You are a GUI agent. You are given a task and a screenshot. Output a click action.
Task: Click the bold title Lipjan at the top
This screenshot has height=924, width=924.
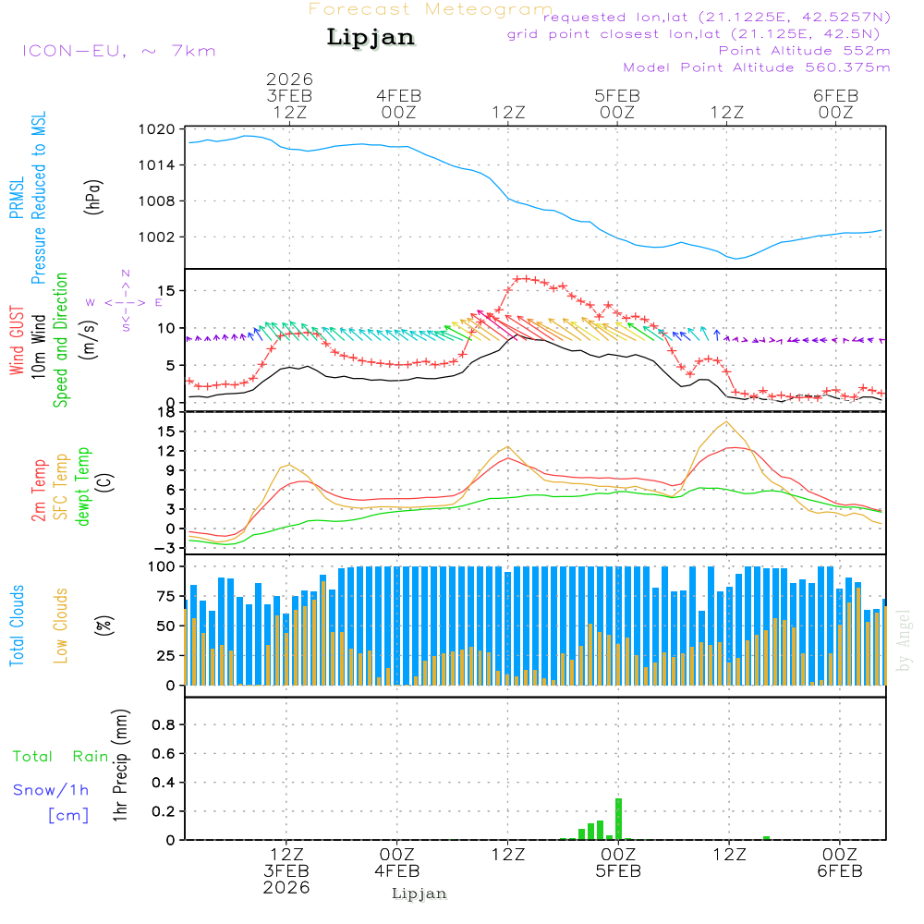[371, 38]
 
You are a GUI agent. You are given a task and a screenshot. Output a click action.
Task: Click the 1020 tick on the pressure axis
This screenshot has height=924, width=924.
[162, 129]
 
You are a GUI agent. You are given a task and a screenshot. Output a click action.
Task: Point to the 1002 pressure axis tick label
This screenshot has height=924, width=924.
[162, 237]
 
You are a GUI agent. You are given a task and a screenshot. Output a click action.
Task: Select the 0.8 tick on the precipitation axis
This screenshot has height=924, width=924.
[164, 725]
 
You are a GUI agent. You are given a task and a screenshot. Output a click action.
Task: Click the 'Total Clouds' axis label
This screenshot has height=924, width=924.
[17, 626]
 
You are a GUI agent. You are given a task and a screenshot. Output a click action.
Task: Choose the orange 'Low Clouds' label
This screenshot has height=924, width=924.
[61, 626]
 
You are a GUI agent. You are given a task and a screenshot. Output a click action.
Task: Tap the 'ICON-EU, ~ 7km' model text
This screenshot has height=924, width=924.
[118, 51]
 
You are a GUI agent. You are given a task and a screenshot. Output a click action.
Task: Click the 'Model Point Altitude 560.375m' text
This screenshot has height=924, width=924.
[757, 67]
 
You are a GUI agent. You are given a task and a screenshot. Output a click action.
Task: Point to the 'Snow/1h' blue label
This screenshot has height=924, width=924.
[52, 790]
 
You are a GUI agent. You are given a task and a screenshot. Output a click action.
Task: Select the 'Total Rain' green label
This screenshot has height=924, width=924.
[61, 756]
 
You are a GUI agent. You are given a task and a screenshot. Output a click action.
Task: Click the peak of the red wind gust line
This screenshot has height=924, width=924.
[523, 278]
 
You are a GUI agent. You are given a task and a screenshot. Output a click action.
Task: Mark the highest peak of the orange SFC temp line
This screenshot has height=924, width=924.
[727, 422]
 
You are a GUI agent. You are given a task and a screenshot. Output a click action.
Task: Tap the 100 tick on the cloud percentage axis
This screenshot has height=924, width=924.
[162, 565]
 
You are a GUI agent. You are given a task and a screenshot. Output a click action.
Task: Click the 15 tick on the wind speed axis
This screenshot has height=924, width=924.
[165, 291]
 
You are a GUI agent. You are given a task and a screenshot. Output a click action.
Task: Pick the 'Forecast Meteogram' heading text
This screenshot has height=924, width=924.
[431, 10]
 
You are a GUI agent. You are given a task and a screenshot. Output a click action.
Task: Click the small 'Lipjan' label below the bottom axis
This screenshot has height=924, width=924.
[419, 894]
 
